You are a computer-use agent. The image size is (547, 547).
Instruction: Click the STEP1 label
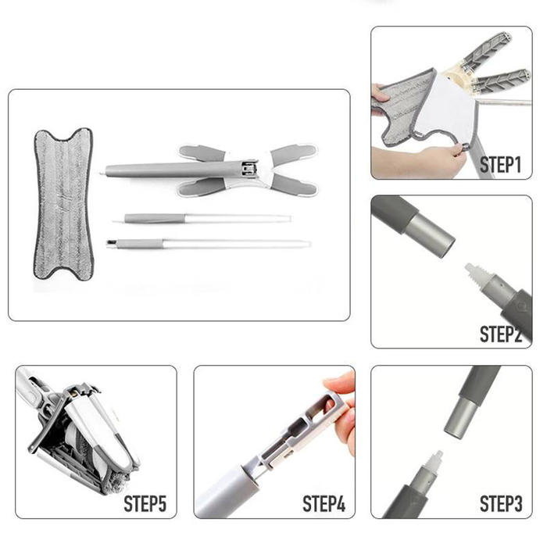500,165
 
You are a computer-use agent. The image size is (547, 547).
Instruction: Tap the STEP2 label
500,334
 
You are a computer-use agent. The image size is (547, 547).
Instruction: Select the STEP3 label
501,503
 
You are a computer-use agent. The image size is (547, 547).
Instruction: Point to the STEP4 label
324,503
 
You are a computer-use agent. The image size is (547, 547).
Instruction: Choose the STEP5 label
145,503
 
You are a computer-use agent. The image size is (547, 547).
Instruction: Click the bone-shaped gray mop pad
63,204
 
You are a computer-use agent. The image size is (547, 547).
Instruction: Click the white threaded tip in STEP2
476,274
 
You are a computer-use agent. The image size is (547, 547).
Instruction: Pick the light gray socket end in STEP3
459,418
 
